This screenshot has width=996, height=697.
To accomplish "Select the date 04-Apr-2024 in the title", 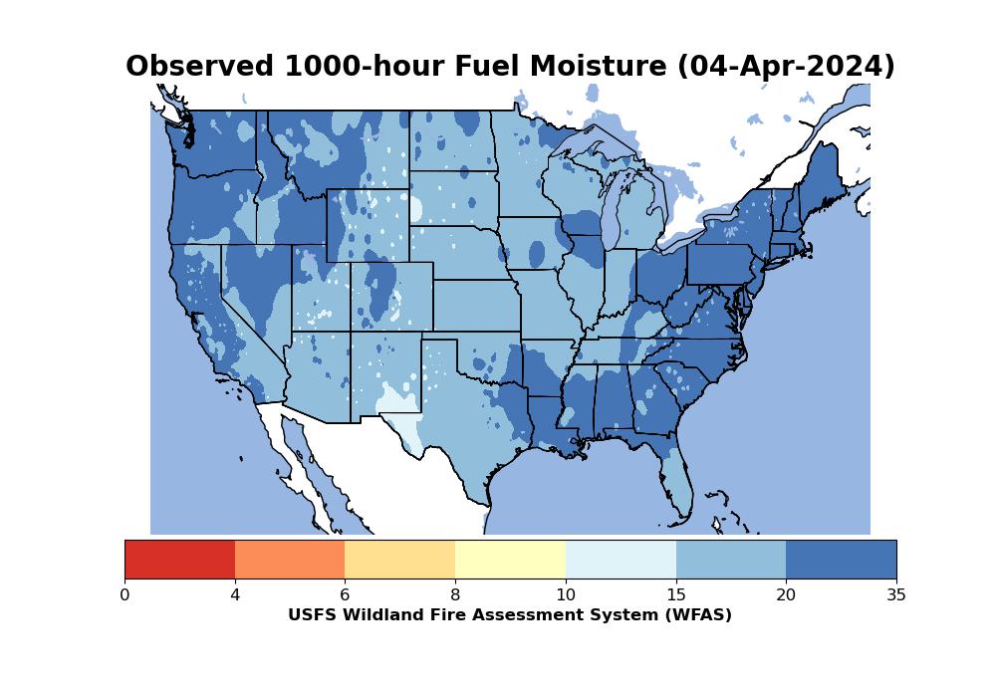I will point(786,67).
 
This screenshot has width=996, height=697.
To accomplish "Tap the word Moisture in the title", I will point(597,67).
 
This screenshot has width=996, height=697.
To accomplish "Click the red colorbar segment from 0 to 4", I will point(179,559).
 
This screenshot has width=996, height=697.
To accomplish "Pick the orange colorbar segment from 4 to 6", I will point(290,559).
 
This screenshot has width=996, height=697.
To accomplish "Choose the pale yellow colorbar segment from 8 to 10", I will point(510,559).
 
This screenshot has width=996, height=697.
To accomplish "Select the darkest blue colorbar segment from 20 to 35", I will point(841,559).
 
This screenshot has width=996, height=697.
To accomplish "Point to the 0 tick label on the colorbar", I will point(124,595).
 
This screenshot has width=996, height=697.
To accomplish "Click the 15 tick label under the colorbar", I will point(675,595).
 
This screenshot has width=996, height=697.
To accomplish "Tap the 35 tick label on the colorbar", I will point(895,595).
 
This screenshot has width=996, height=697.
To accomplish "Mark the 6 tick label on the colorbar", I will point(345,595).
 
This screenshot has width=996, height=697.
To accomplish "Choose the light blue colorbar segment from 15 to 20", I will point(730,559).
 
